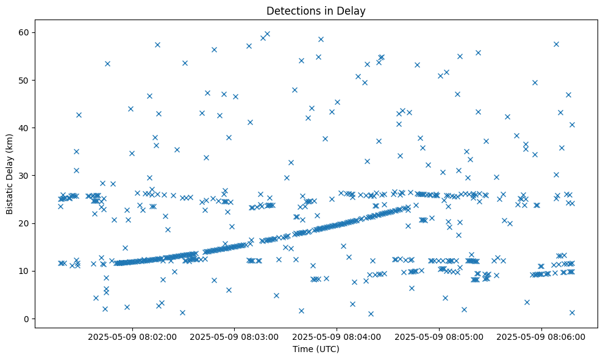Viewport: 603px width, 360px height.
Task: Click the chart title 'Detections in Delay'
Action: click(x=316, y=10)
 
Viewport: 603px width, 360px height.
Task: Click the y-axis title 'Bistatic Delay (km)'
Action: click(x=10, y=174)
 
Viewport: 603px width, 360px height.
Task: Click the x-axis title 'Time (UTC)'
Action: click(x=316, y=349)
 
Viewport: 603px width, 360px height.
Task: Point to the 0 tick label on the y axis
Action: click(x=26, y=319)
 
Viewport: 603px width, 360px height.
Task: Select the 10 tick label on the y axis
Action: click(x=24, y=271)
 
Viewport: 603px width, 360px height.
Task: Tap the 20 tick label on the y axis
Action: click(x=24, y=223)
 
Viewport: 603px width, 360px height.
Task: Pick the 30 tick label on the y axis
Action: click(x=24, y=176)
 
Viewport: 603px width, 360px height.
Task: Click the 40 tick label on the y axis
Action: click(x=24, y=128)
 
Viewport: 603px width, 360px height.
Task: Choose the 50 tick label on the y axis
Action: click(x=24, y=80)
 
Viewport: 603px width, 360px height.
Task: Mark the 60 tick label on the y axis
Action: click(x=24, y=32)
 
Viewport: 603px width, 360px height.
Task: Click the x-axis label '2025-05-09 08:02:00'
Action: click(x=132, y=336)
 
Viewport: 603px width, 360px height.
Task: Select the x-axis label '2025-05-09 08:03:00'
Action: click(x=235, y=336)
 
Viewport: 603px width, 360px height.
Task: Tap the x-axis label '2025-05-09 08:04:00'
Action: click(x=337, y=336)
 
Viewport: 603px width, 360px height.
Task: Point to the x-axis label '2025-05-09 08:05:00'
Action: click(x=440, y=336)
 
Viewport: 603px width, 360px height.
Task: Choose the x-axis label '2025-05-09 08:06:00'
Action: click(x=542, y=336)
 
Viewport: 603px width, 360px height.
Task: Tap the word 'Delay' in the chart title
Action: click(x=353, y=10)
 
